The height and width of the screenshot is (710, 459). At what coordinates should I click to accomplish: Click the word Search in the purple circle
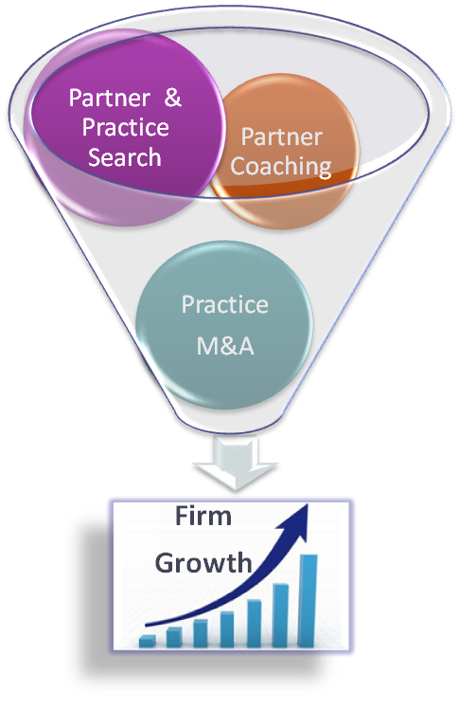(x=125, y=157)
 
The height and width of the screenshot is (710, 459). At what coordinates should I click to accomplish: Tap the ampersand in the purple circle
(x=172, y=98)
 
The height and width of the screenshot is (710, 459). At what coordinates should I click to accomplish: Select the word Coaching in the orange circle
(x=281, y=167)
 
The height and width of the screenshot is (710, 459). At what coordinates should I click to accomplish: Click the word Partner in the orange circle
(x=282, y=137)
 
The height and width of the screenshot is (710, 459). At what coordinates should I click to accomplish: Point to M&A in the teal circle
(x=225, y=346)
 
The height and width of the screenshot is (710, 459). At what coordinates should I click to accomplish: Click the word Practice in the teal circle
(x=224, y=304)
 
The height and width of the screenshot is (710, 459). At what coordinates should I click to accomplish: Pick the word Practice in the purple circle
(x=126, y=127)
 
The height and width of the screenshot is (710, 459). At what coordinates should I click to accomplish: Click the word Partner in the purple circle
(x=110, y=98)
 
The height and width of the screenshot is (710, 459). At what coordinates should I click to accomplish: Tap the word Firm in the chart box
(x=203, y=517)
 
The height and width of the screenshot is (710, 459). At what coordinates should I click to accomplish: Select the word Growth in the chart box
(x=203, y=563)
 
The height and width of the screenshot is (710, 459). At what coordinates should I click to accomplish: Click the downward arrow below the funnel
(x=235, y=464)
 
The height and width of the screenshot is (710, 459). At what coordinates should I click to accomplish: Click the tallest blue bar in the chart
(x=308, y=600)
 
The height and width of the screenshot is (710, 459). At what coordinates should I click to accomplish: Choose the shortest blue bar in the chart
(x=148, y=641)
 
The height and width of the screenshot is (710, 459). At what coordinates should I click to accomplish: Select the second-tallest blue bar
(x=280, y=615)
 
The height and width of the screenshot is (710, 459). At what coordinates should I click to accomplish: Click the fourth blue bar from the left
(x=227, y=628)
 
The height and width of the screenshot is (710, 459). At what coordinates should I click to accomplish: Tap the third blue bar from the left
(x=201, y=633)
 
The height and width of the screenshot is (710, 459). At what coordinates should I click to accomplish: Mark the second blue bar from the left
(x=174, y=637)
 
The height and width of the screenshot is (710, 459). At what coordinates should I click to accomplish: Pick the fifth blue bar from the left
(x=255, y=623)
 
